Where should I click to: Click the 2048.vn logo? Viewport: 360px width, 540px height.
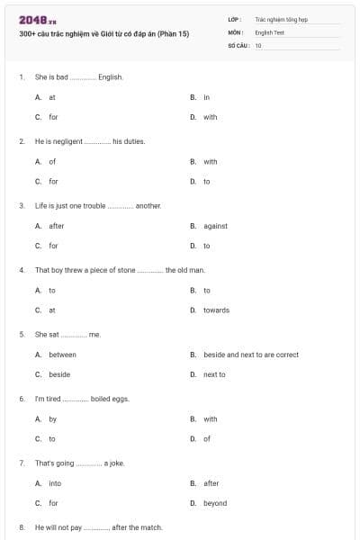click(x=31, y=19)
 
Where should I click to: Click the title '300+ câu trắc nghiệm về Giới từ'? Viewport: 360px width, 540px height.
click(x=103, y=33)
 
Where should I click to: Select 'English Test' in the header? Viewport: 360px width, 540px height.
click(x=269, y=31)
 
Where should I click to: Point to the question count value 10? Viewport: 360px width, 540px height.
click(x=258, y=45)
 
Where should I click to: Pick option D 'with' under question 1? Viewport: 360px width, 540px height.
click(x=210, y=117)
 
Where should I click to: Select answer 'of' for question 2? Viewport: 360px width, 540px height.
click(x=52, y=162)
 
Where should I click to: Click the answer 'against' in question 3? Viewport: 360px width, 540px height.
click(x=215, y=226)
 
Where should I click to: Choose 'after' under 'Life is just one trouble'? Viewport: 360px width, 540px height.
click(x=56, y=226)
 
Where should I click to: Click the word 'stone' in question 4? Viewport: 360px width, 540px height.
click(x=126, y=270)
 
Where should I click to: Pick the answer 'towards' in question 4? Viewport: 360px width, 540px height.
click(x=216, y=310)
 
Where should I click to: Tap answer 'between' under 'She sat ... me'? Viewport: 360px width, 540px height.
click(x=62, y=355)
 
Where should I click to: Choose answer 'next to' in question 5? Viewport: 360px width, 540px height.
click(x=214, y=374)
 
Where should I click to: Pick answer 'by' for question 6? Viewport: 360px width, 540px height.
click(x=52, y=418)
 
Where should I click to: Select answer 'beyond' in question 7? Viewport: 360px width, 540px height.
click(x=214, y=503)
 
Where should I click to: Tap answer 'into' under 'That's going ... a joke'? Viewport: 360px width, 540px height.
click(x=55, y=483)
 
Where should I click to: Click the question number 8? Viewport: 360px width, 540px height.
click(x=22, y=526)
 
